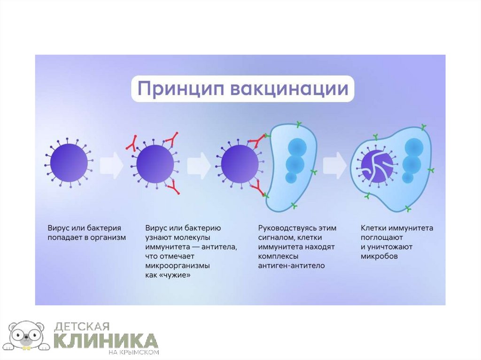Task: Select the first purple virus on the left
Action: tap(70, 162)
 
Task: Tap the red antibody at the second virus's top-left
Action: tap(131, 143)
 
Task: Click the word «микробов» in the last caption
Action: tap(379, 257)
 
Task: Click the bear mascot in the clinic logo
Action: tap(28, 336)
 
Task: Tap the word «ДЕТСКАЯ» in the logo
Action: tap(82, 326)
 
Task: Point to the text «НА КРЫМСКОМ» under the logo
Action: tap(136, 352)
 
